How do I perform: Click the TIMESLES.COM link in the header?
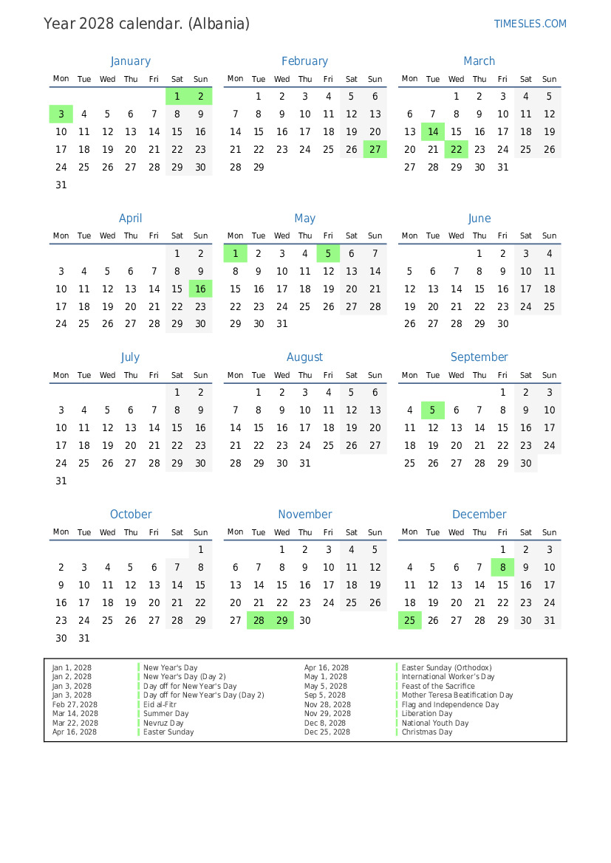tap(530, 24)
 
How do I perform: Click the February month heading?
tap(304, 61)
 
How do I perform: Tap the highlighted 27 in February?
tap(375, 149)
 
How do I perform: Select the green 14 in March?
tap(433, 132)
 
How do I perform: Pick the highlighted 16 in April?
tap(200, 289)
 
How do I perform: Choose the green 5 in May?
tap(328, 253)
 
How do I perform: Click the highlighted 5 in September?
tap(433, 410)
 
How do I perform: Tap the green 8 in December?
tap(502, 567)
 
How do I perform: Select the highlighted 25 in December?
tap(409, 621)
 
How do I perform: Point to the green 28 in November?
tap(259, 621)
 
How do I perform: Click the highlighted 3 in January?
tap(61, 114)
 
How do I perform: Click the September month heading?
tap(479, 357)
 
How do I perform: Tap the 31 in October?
tap(84, 639)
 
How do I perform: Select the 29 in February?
tap(259, 168)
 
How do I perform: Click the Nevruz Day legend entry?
tap(163, 723)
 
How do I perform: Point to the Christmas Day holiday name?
tap(426, 732)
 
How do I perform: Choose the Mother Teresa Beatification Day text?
tap(457, 695)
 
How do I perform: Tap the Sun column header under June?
tap(549, 236)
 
